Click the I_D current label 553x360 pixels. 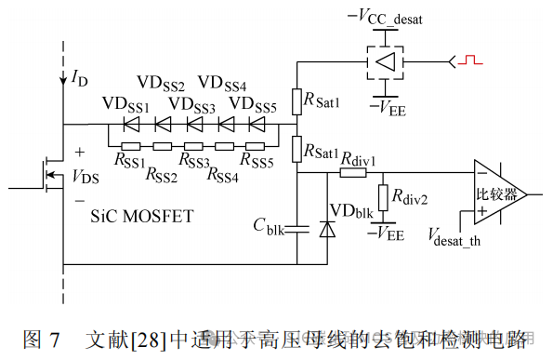[79, 79]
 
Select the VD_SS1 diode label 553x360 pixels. [125, 103]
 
